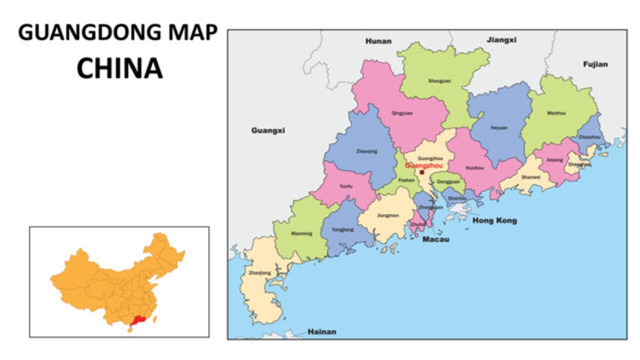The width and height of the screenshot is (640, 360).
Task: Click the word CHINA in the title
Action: click(119, 68)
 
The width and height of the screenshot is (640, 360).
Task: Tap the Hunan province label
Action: click(378, 41)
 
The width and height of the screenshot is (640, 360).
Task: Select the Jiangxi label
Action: click(501, 39)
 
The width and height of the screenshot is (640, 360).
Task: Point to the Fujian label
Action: click(595, 64)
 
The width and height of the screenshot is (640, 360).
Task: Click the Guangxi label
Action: click(268, 130)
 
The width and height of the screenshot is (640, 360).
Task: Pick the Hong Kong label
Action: click(494, 220)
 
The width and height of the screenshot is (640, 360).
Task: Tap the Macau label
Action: click(435, 239)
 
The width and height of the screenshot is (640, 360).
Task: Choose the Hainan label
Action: click(321, 331)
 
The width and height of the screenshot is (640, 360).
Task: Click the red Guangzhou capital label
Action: click(423, 165)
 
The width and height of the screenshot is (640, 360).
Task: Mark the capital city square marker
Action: click(421, 172)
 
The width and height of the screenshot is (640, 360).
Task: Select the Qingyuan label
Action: click(403, 113)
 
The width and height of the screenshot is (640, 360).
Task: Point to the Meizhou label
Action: click(556, 113)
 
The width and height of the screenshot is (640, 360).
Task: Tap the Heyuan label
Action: click(498, 127)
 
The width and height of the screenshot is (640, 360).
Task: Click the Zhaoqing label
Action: click(366, 151)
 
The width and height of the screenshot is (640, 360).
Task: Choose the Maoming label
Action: click(301, 233)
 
